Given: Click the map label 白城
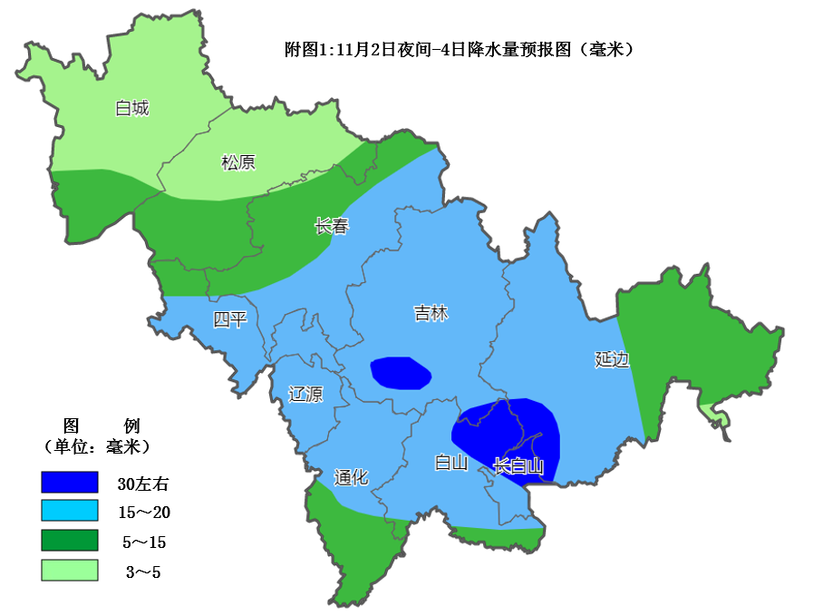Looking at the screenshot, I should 132,109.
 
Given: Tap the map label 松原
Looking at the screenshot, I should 238,162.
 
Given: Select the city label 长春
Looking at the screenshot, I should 332,227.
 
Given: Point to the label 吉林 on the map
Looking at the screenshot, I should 431,313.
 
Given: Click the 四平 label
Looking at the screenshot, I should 230,319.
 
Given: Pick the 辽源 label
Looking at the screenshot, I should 305,394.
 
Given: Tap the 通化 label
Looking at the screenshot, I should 351,477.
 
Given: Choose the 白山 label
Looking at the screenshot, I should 450,464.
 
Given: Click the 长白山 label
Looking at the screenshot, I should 518,466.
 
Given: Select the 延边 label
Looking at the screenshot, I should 612,359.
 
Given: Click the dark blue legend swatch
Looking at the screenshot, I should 69,483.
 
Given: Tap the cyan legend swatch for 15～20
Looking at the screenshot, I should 69,512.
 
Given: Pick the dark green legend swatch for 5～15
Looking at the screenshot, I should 69,542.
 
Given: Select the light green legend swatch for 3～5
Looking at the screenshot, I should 69,571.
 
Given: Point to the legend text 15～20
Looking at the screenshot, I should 145,513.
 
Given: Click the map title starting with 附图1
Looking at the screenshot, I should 459,50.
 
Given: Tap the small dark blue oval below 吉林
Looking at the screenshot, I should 400,372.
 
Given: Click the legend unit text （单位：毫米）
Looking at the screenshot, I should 96,446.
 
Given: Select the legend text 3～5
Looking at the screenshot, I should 145,572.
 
